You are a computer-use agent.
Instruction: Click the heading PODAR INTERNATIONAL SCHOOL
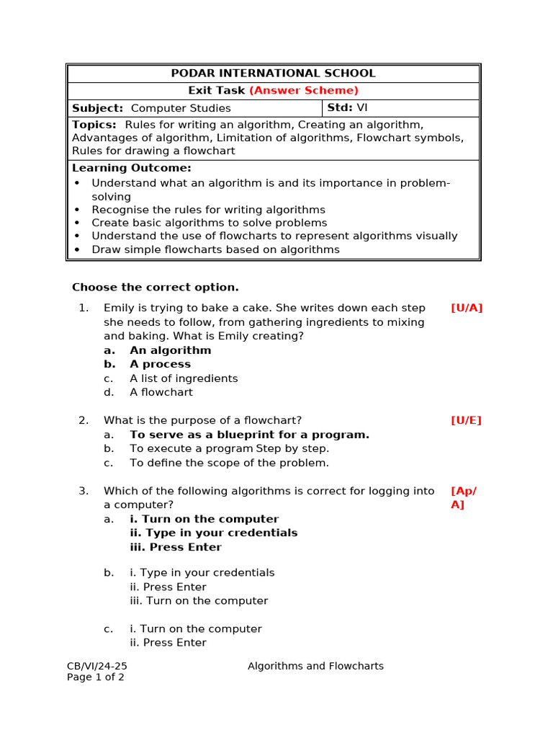point(273,73)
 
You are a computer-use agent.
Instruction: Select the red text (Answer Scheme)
point(303,90)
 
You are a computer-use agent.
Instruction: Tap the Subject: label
point(97,108)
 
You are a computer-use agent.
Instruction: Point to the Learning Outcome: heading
point(132,168)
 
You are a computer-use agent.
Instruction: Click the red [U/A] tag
point(467,308)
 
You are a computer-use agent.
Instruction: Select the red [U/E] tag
point(466,420)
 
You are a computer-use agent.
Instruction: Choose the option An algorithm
point(171,350)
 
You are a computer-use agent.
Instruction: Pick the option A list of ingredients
point(184,378)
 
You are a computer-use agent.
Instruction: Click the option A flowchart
point(161,393)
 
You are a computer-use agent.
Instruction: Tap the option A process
point(160,364)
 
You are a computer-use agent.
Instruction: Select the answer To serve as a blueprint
point(249,435)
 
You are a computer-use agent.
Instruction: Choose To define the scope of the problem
point(229,463)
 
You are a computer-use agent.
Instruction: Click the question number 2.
point(84,420)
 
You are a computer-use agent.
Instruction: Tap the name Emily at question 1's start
point(119,308)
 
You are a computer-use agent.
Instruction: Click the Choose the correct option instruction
point(156,287)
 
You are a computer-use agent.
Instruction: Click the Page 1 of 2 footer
point(96,677)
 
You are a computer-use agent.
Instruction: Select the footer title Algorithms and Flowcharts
point(315,666)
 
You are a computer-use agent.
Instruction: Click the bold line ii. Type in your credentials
point(213,533)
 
